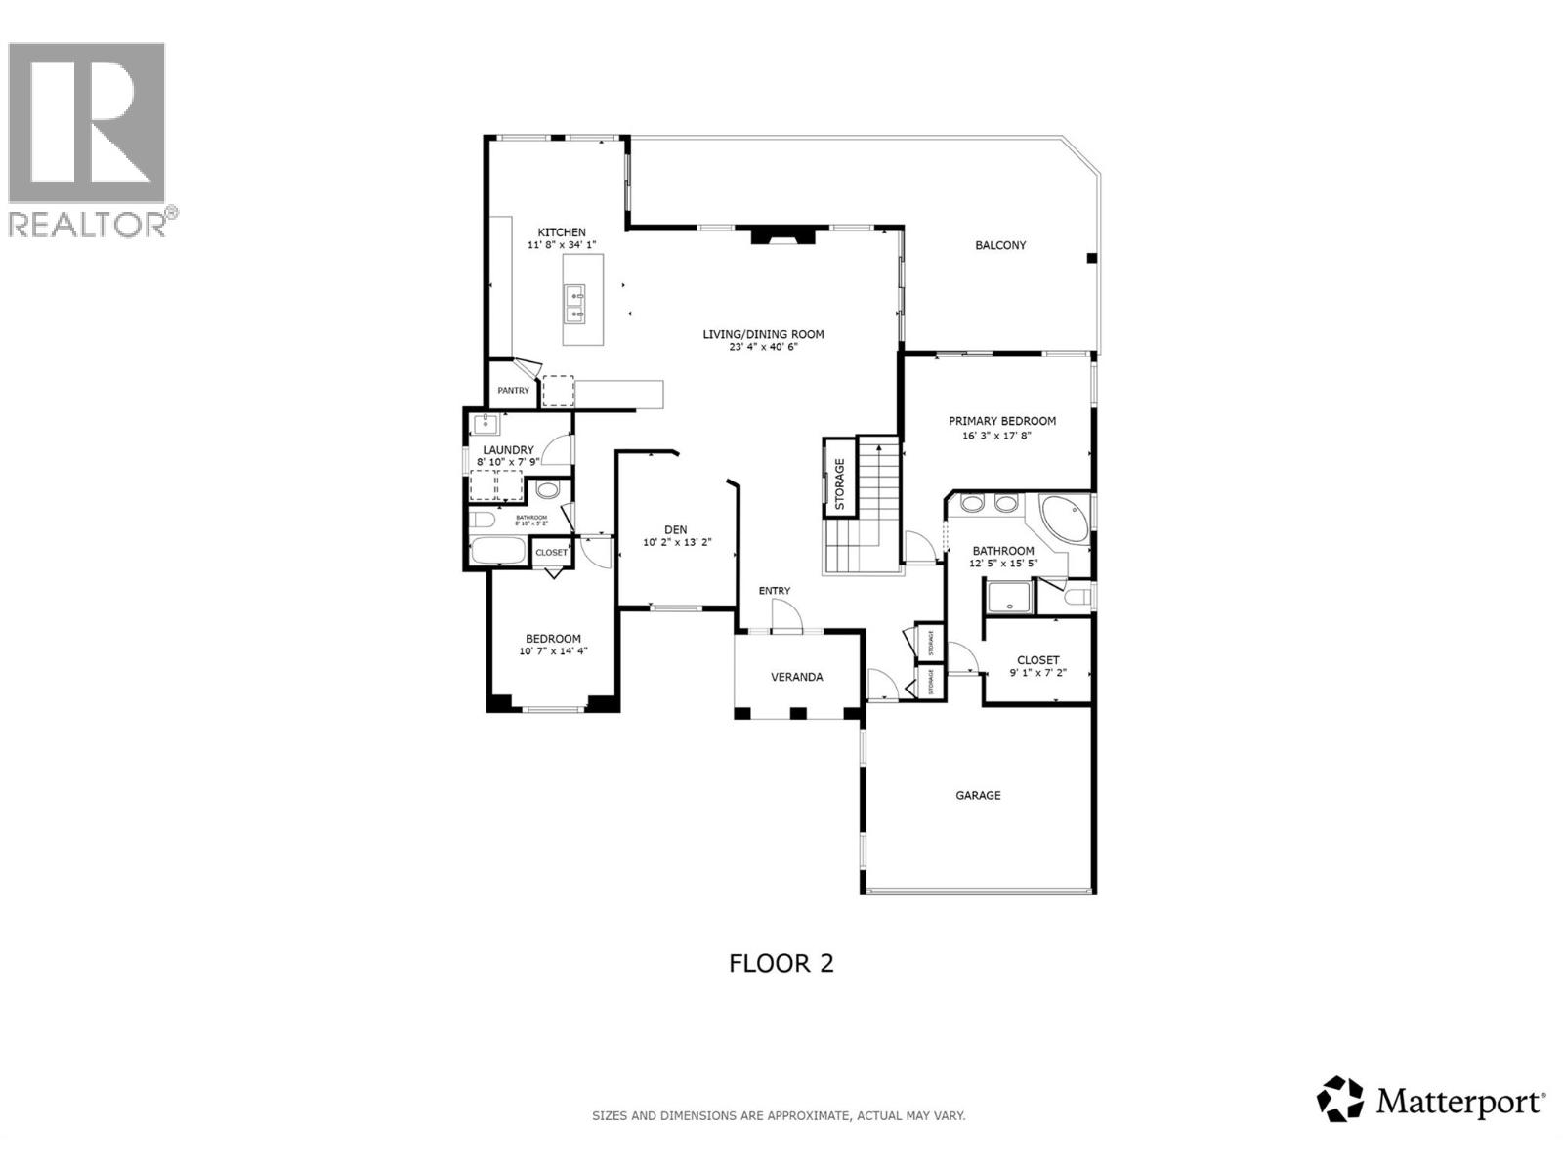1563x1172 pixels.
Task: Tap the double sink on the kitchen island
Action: click(x=574, y=304)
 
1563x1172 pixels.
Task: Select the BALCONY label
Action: click(x=1000, y=245)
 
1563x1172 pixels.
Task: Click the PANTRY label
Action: click(x=513, y=391)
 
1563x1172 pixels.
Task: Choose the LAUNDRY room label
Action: click(x=508, y=450)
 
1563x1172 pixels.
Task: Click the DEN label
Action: click(x=676, y=530)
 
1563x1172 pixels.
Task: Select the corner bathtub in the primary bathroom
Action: click(x=1062, y=519)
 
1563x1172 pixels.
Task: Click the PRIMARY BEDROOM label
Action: click(x=1002, y=421)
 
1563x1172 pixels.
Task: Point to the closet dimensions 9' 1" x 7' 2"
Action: click(x=1037, y=673)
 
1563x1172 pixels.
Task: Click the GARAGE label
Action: click(x=978, y=795)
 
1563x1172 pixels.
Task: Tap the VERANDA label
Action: click(x=797, y=677)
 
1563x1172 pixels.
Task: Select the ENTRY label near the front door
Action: click(x=775, y=591)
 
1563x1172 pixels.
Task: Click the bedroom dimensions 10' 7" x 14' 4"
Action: click(x=553, y=651)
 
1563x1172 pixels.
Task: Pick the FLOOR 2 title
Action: click(x=781, y=963)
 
